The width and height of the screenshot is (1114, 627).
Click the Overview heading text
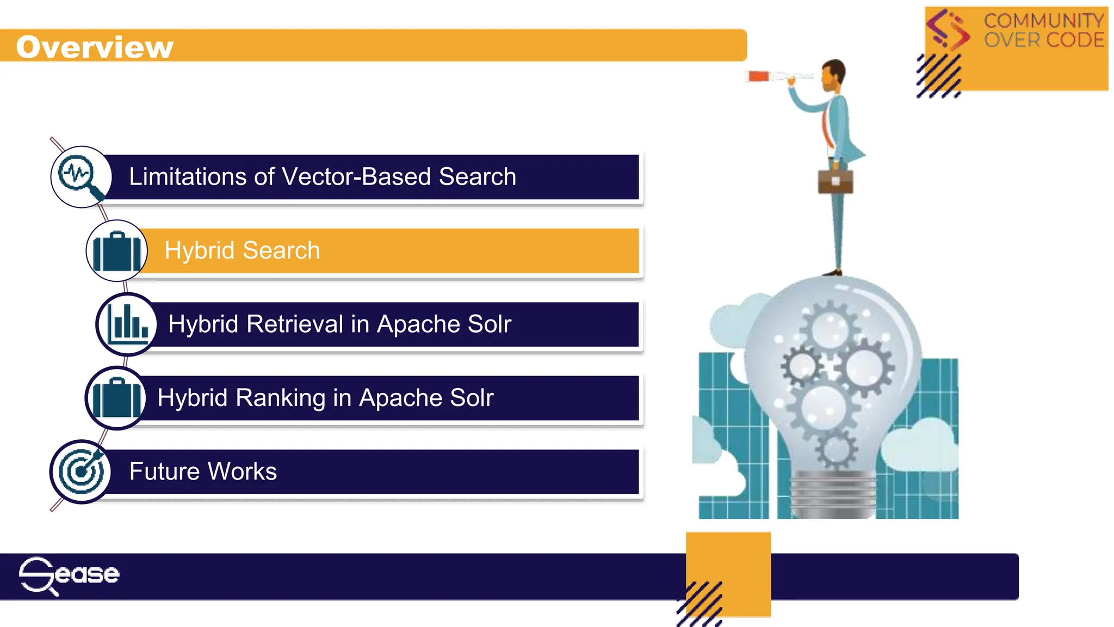point(95,47)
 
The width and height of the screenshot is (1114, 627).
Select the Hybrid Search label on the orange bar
point(242,250)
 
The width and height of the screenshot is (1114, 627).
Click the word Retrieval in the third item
point(296,324)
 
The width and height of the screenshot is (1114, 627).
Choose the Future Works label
point(203,471)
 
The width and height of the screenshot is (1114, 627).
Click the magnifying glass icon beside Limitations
point(81,177)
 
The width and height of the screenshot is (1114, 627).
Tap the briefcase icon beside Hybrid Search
point(116,251)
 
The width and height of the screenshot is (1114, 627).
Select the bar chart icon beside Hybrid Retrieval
point(127,324)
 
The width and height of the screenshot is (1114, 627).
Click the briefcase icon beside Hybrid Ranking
point(115,398)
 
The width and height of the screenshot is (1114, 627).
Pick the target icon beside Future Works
point(81,471)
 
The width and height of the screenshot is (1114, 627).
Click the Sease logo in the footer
point(69,575)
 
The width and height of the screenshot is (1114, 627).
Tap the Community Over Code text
point(1044,30)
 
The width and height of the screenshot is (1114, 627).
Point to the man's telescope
point(778,76)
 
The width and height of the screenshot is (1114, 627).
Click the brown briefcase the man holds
point(835,181)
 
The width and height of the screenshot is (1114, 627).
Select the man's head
point(833,75)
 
